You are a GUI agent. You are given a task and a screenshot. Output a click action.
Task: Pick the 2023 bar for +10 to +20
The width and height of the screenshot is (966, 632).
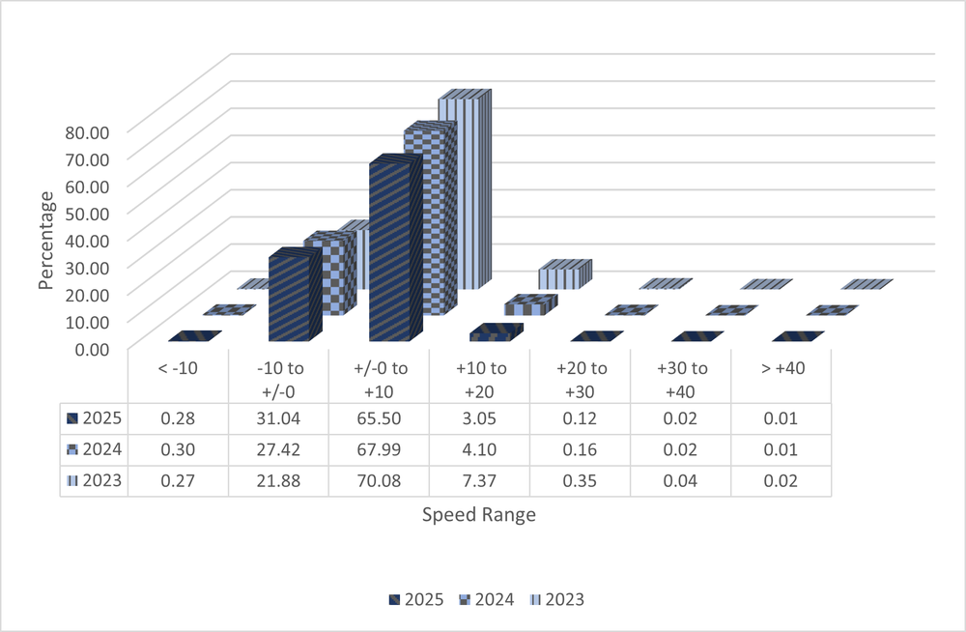point(561,278)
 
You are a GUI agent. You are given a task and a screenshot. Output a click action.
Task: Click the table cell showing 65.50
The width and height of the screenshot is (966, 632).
point(379,418)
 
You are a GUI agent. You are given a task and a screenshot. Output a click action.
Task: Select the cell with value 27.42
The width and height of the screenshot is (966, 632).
point(278,449)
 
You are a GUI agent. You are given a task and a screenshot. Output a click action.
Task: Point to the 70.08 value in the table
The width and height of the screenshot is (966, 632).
point(379,480)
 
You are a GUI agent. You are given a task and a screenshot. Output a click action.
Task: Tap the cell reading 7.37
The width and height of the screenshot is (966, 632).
point(479,480)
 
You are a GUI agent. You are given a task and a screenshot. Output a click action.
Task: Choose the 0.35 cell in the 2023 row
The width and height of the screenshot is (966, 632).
point(580,480)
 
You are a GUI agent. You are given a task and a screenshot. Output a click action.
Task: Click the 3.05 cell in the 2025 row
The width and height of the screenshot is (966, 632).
point(479,418)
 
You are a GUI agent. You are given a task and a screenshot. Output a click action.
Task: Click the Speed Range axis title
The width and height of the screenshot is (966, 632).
point(478,515)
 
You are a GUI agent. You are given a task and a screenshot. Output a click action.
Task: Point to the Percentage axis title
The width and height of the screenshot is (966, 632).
point(46,240)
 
